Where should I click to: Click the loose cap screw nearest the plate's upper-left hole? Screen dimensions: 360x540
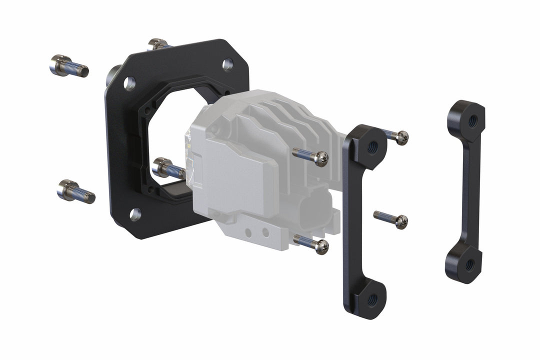point(68,66)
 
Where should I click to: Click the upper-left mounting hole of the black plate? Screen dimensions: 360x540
point(129,83)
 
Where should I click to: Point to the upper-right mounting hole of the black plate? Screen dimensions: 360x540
point(227,64)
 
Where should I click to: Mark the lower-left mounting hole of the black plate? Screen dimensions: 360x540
point(135,214)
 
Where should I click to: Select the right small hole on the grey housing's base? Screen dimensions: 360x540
point(265,232)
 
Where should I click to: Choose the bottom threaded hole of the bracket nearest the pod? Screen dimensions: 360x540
point(372,299)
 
